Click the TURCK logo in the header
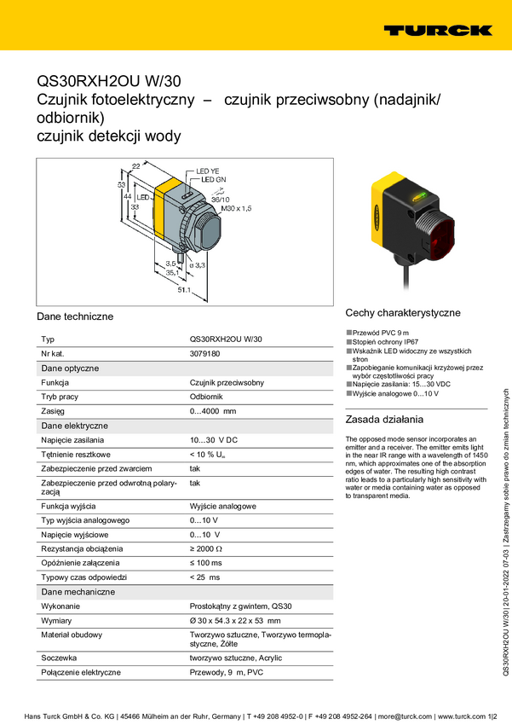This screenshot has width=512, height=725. click(437, 30)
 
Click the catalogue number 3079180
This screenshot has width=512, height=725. click(204, 353)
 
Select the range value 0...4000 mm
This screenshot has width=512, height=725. click(212, 411)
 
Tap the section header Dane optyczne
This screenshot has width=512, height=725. click(70, 368)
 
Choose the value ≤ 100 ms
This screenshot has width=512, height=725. click(205, 562)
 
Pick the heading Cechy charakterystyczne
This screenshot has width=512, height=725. click(403, 313)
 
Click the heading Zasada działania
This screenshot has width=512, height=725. click(385, 420)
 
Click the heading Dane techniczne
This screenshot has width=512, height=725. click(75, 316)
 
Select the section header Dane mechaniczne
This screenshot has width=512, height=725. click(78, 591)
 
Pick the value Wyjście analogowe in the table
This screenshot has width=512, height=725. click(222, 506)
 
